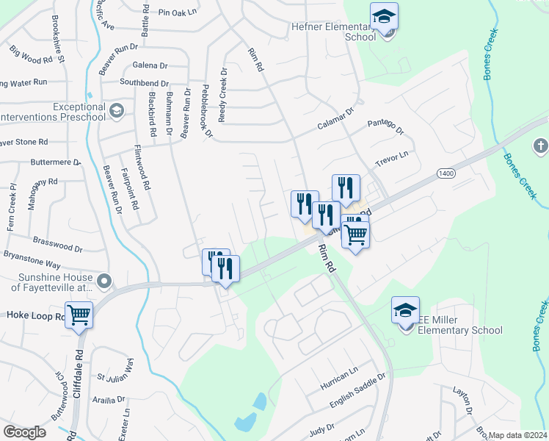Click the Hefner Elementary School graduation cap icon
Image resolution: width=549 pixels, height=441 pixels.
(x=384, y=17)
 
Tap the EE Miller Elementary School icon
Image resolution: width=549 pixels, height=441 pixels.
(x=405, y=310)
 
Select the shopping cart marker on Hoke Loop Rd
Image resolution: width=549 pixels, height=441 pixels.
(x=79, y=315)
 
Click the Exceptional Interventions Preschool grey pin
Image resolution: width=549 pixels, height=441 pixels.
(x=116, y=111)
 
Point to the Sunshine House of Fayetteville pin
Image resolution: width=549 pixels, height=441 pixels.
(x=104, y=281)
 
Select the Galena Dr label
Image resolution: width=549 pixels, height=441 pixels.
(x=150, y=65)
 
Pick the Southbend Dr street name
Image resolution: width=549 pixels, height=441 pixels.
(x=145, y=84)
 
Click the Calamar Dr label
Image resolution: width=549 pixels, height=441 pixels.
(x=335, y=118)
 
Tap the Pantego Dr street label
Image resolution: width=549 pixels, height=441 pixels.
(x=386, y=126)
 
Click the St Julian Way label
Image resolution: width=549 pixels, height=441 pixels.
(x=116, y=370)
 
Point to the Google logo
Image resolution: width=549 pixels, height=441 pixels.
(x=25, y=432)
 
